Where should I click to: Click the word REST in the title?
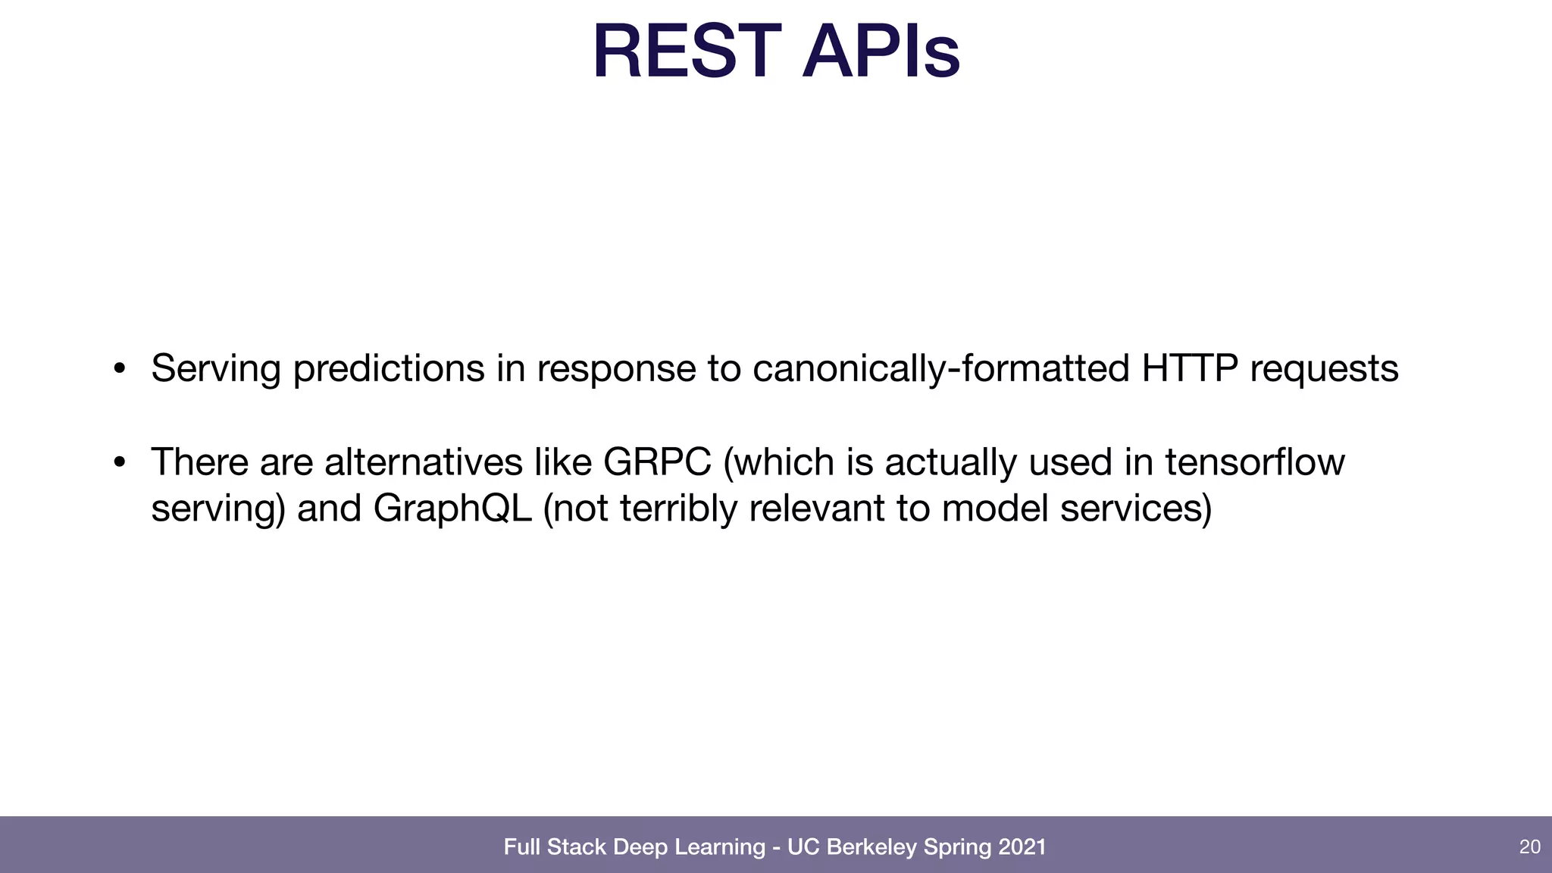pyautogui.click(x=687, y=52)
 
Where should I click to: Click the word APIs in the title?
pyautogui.click(x=881, y=52)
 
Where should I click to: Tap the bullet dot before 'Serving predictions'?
pyautogui.click(x=119, y=370)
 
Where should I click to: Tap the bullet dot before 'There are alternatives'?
pyautogui.click(x=119, y=463)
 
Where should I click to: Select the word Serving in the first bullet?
pyautogui.click(x=216, y=370)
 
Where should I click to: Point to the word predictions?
pyautogui.click(x=389, y=370)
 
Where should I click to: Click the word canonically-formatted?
pyautogui.click(x=941, y=370)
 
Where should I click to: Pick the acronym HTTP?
pyautogui.click(x=1190, y=368)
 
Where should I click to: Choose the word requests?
pyautogui.click(x=1324, y=370)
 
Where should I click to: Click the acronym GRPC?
pyautogui.click(x=657, y=462)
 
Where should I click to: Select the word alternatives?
pyautogui.click(x=423, y=462)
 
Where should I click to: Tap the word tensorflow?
pyautogui.click(x=1254, y=462)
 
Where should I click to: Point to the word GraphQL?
pyautogui.click(x=452, y=508)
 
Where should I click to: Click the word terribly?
pyautogui.click(x=678, y=508)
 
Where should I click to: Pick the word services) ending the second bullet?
pyautogui.click(x=1135, y=508)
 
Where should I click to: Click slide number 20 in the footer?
pyautogui.click(x=1529, y=846)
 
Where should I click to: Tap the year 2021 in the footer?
pyautogui.click(x=1022, y=846)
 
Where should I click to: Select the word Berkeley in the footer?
pyautogui.click(x=871, y=846)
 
